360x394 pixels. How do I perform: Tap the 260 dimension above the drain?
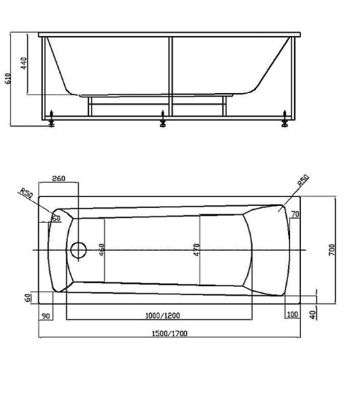58,179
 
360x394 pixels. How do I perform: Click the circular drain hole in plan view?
78,249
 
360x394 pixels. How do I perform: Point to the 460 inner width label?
101,250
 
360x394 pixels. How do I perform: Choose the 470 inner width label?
196,250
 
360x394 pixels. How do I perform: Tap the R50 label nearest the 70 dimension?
303,181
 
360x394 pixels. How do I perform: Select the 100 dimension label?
292,315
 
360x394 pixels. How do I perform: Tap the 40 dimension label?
312,315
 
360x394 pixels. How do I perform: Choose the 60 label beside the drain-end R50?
56,218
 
